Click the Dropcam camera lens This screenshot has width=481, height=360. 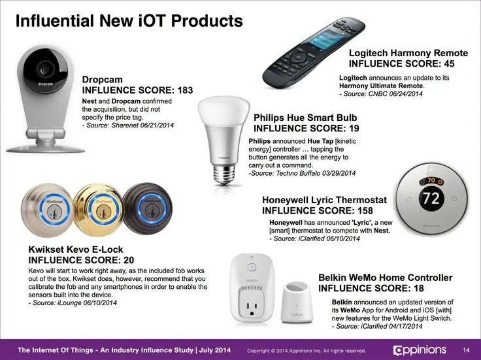pyautogui.click(x=45, y=69)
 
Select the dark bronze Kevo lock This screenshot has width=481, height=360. pyautogui.click(x=147, y=208)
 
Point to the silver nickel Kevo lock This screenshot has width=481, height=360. pyautogui.click(x=48, y=210)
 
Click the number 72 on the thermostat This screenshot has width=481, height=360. pyautogui.click(x=431, y=199)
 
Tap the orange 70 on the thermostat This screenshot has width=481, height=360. pyautogui.click(x=431, y=180)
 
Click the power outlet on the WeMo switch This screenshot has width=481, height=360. pyautogui.click(x=252, y=306)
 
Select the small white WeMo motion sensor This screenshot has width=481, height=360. pyautogui.click(x=297, y=303)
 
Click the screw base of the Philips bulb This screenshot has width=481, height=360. pyautogui.click(x=224, y=172)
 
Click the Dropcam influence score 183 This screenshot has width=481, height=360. pyautogui.click(x=186, y=90)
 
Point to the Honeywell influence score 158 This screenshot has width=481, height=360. pyautogui.click(x=365, y=210)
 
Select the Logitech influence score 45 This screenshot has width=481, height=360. pyautogui.click(x=450, y=64)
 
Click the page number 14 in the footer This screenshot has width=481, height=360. pyautogui.click(x=466, y=350)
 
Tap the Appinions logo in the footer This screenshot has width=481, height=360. pyautogui.click(x=420, y=350)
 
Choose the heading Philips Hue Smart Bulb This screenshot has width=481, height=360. pyautogui.click(x=305, y=118)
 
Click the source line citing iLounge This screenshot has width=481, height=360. pyautogui.click(x=73, y=303)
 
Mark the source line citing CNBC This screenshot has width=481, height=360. pyautogui.click(x=381, y=94)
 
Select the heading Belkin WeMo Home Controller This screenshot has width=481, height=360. pyautogui.click(x=386, y=278)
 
